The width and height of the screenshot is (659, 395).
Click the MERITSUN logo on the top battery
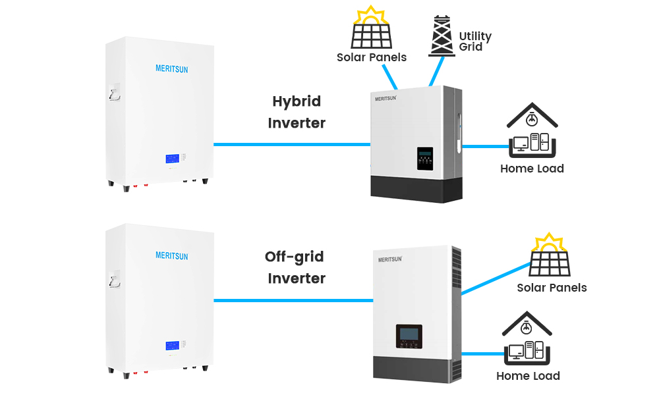click(x=171, y=68)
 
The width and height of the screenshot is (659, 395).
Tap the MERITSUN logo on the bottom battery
click(x=171, y=255)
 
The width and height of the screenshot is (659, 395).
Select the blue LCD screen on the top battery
click(x=172, y=159)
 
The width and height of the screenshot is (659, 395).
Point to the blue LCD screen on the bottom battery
click(x=172, y=346)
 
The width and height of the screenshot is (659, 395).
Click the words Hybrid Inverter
click(x=297, y=112)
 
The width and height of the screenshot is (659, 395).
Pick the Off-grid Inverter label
click(x=295, y=267)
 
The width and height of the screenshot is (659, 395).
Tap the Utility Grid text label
click(x=475, y=41)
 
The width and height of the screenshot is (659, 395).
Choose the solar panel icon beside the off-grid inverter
click(x=550, y=256)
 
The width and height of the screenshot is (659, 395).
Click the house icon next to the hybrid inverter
click(x=532, y=130)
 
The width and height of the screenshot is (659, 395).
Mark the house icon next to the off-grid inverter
click(x=528, y=338)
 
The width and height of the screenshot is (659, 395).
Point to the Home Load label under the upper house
click(x=532, y=169)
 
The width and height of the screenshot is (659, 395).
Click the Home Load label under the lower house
click(x=528, y=377)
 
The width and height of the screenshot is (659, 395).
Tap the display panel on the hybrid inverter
click(x=426, y=160)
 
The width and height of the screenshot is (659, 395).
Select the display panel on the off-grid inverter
click(x=409, y=336)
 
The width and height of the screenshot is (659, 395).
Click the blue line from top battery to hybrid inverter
click(x=290, y=144)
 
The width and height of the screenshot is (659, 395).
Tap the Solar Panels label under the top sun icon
click(x=372, y=57)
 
